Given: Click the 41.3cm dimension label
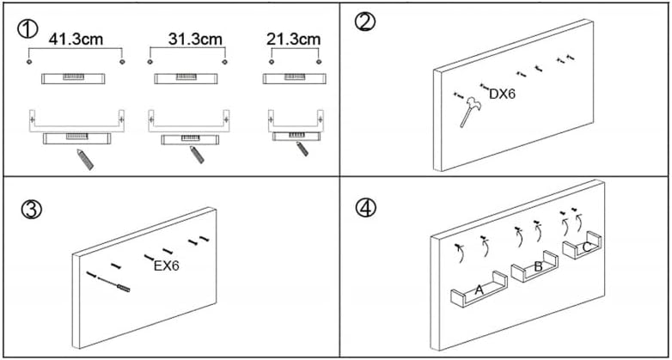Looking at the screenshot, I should tap(76, 40).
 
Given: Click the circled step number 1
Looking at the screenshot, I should tap(28, 29).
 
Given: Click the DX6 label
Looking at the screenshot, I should tap(502, 94).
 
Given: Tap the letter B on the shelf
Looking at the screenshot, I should tap(538, 266).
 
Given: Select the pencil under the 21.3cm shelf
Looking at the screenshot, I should tap(301, 149).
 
